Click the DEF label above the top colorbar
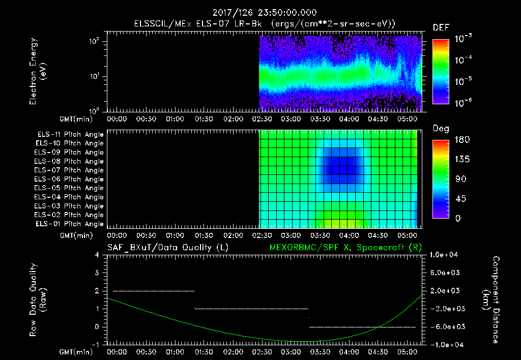(x=441, y=27)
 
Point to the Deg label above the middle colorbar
(x=441, y=129)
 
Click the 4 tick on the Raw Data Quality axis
(x=97, y=255)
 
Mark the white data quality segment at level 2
(x=154, y=291)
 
